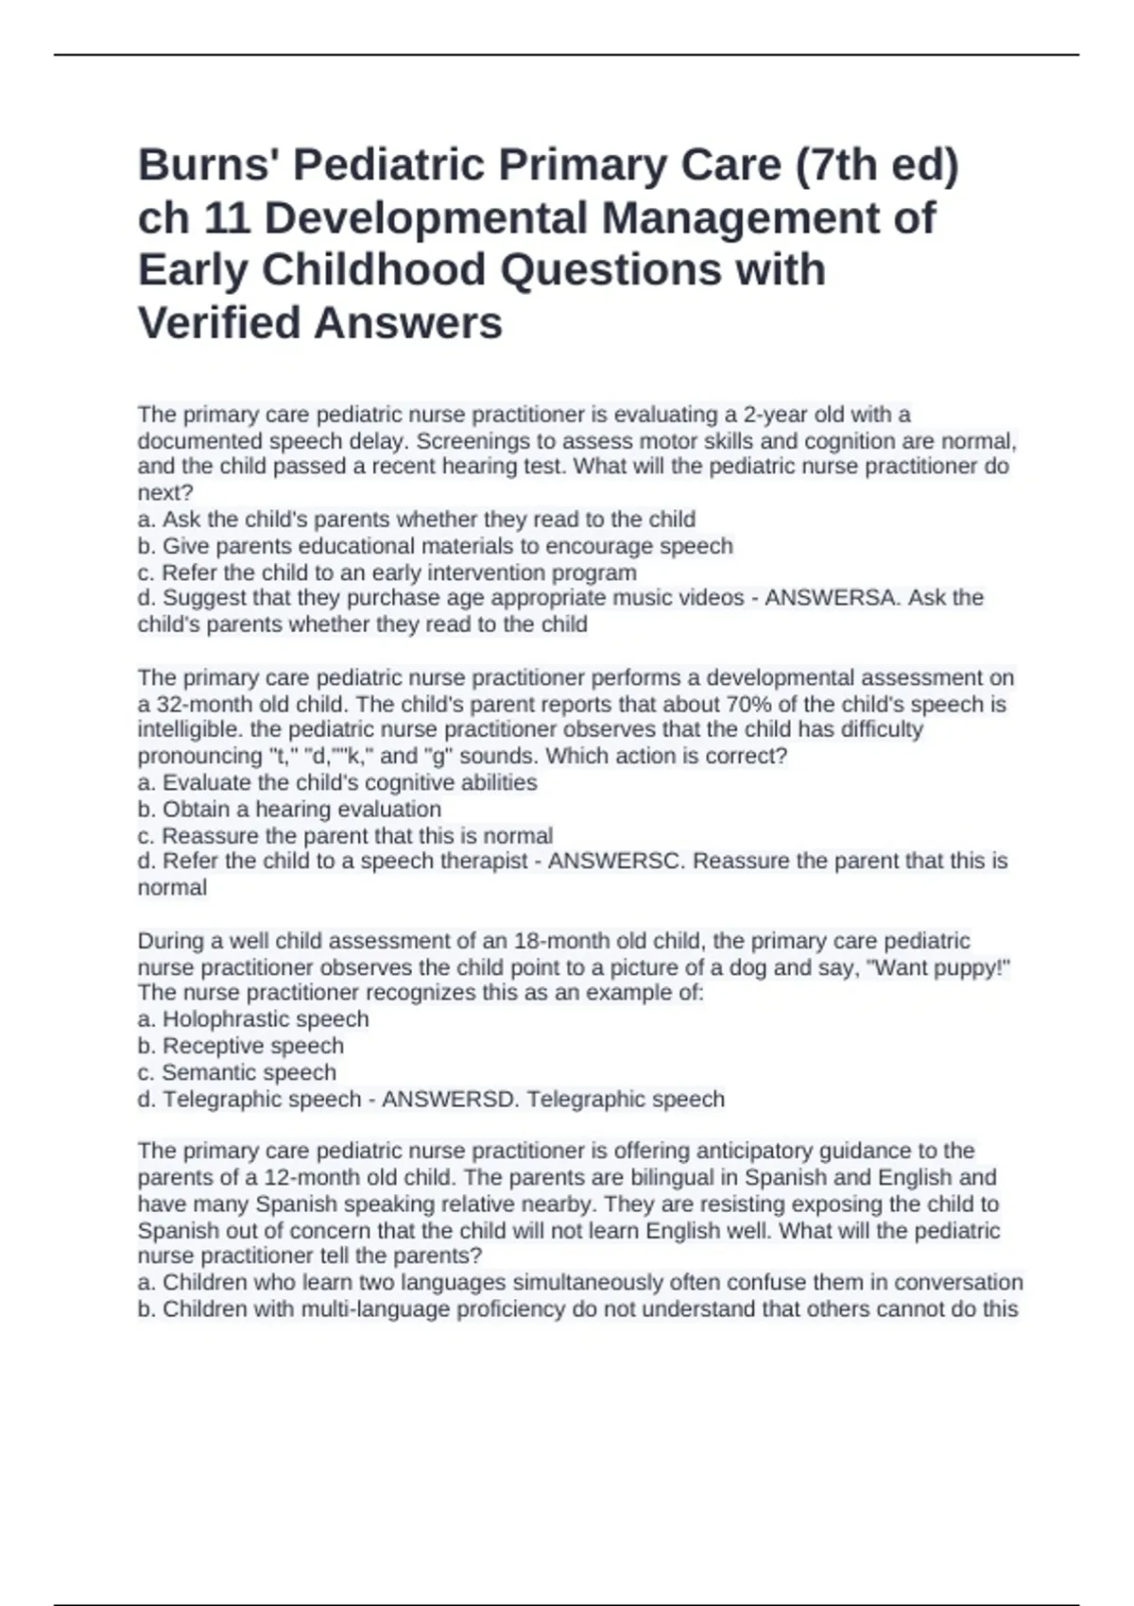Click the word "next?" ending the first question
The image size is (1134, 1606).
click(165, 492)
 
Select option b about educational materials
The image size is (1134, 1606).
click(435, 546)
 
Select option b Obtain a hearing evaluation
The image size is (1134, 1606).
click(289, 810)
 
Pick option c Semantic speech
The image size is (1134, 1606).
click(236, 1073)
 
